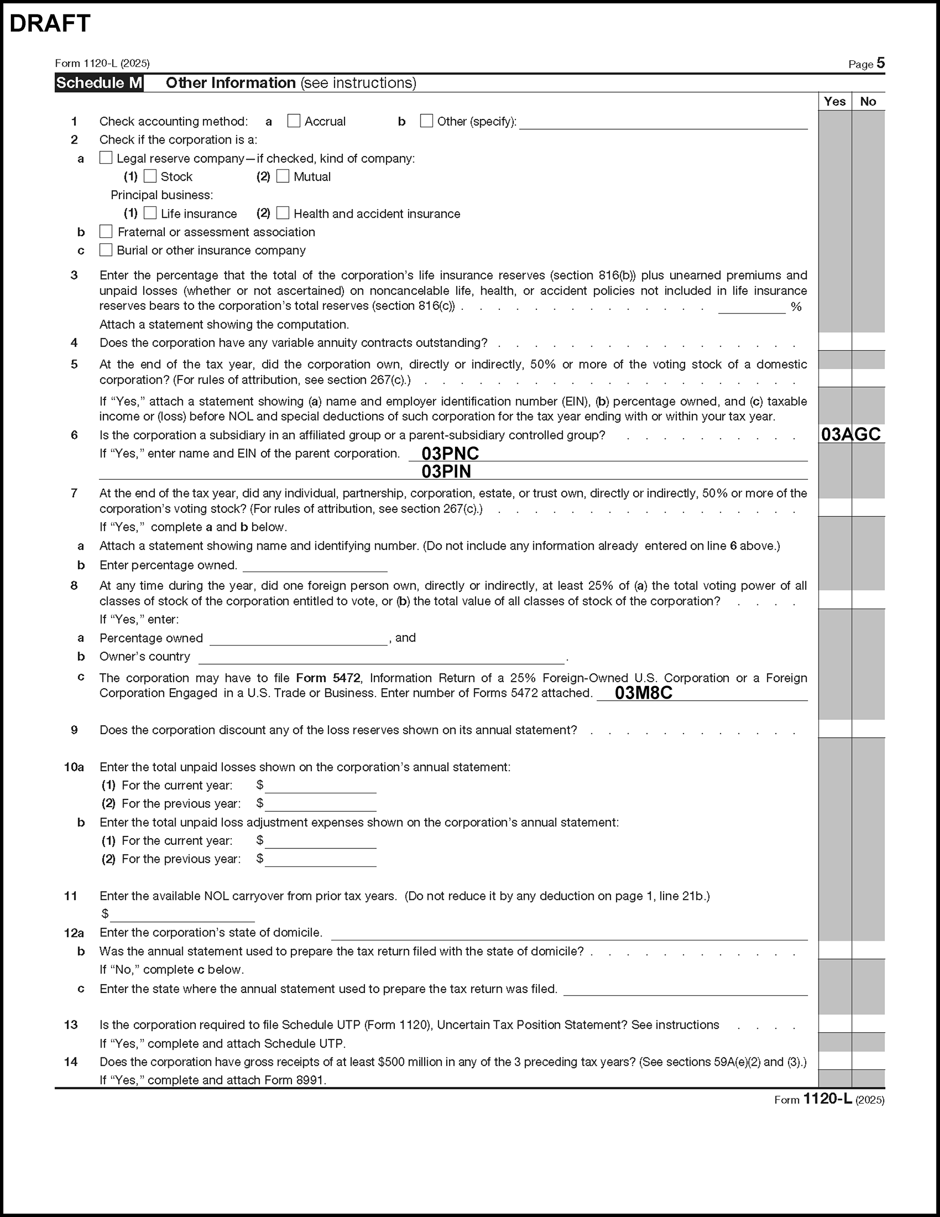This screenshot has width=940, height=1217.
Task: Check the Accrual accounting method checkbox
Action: point(293,121)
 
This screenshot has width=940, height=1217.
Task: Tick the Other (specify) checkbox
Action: point(426,121)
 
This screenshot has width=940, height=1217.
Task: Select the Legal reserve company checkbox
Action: point(106,158)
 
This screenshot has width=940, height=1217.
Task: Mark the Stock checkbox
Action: point(150,177)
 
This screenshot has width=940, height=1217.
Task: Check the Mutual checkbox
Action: point(283,177)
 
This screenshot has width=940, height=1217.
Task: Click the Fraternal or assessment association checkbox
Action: point(106,232)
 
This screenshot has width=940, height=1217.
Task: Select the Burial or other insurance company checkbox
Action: point(106,250)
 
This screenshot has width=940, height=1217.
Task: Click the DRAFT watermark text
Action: point(50,23)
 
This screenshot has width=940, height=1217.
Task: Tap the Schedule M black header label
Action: point(99,83)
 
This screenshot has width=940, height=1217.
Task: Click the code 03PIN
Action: point(446,472)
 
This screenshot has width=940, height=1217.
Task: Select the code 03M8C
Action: point(643,692)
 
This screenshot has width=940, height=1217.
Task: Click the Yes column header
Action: point(834,101)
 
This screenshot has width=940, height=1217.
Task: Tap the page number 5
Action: point(880,63)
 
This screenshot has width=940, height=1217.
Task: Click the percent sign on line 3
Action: point(796,307)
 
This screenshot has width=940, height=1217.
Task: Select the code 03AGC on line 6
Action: point(851,434)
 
